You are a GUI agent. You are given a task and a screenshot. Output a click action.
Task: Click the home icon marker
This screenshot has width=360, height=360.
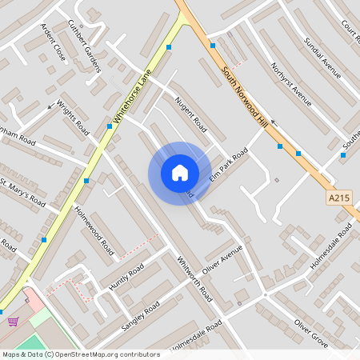click(x=180, y=173)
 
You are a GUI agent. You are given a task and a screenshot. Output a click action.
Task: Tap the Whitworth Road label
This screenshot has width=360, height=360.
click(x=194, y=278)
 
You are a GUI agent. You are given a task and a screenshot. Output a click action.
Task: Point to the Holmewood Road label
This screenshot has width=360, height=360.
click(x=94, y=226)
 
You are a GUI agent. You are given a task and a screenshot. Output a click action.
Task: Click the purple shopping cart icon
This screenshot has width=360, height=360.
click(x=13, y=322)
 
